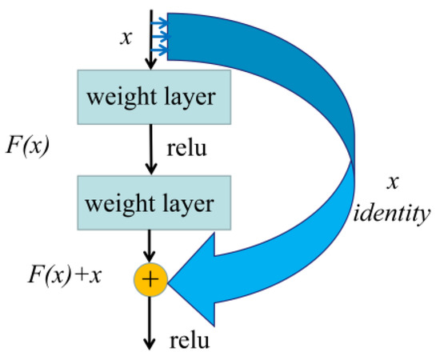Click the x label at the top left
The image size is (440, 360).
click(123, 38)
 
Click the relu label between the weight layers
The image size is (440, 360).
click(188, 148)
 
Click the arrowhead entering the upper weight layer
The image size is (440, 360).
click(150, 65)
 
